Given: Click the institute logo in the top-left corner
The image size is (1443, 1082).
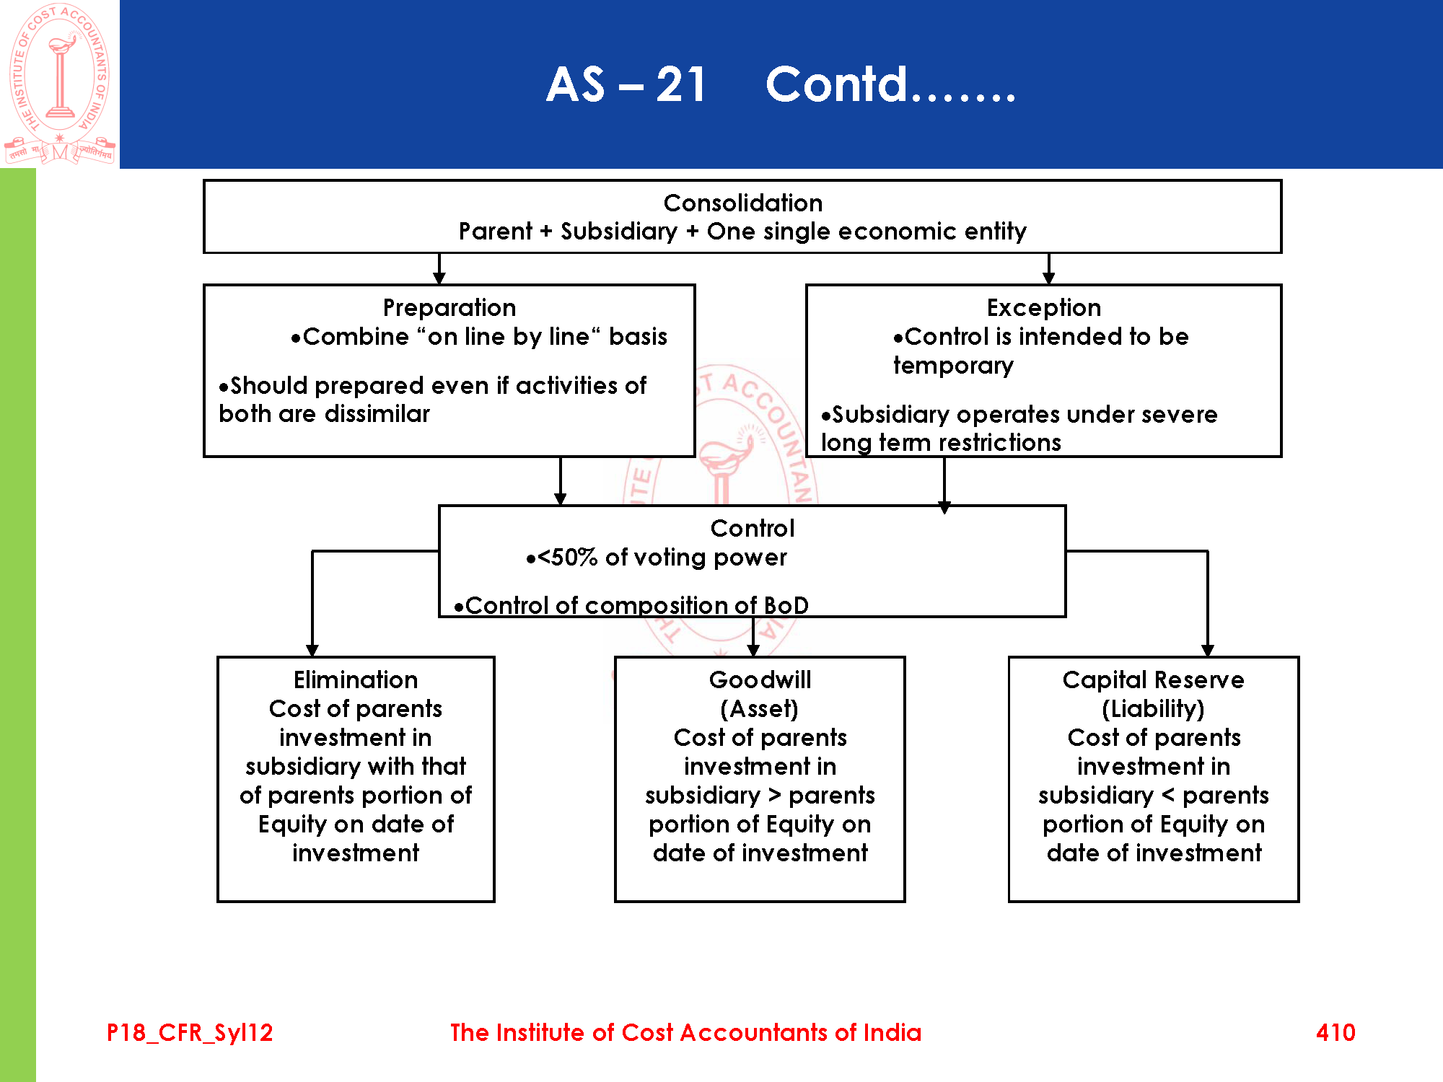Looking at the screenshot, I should tap(60, 84).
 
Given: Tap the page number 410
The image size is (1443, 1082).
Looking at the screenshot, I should tap(1335, 1032).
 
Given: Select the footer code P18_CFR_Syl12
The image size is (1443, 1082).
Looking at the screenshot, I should tap(190, 1032).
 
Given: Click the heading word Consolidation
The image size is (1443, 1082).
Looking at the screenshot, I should tap(742, 203).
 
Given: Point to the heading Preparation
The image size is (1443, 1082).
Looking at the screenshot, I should tap(449, 308).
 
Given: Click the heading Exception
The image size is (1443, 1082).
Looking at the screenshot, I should tap(1043, 308).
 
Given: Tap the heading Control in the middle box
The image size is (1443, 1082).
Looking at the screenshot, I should tap(752, 529).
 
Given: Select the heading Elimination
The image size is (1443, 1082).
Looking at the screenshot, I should tap(355, 680).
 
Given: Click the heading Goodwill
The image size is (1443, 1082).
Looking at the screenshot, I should tap(760, 680).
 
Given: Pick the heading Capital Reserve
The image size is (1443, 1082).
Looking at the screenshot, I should tap(1153, 680).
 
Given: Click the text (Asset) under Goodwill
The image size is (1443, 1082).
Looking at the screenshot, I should tap(759, 709).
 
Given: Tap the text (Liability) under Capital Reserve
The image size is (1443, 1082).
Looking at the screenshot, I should tap(1153, 709).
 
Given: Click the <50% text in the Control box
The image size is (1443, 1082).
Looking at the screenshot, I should tap(567, 558).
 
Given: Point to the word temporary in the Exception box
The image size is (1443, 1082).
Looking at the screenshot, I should tap(953, 366).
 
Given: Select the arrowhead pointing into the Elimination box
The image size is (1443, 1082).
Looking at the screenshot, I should tap(312, 650).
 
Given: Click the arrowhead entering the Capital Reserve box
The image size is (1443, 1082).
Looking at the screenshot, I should tap(1208, 650).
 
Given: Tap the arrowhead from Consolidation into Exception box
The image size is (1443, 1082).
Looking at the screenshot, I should tap(1048, 278).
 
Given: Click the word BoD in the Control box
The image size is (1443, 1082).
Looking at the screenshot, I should tap(786, 606).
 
